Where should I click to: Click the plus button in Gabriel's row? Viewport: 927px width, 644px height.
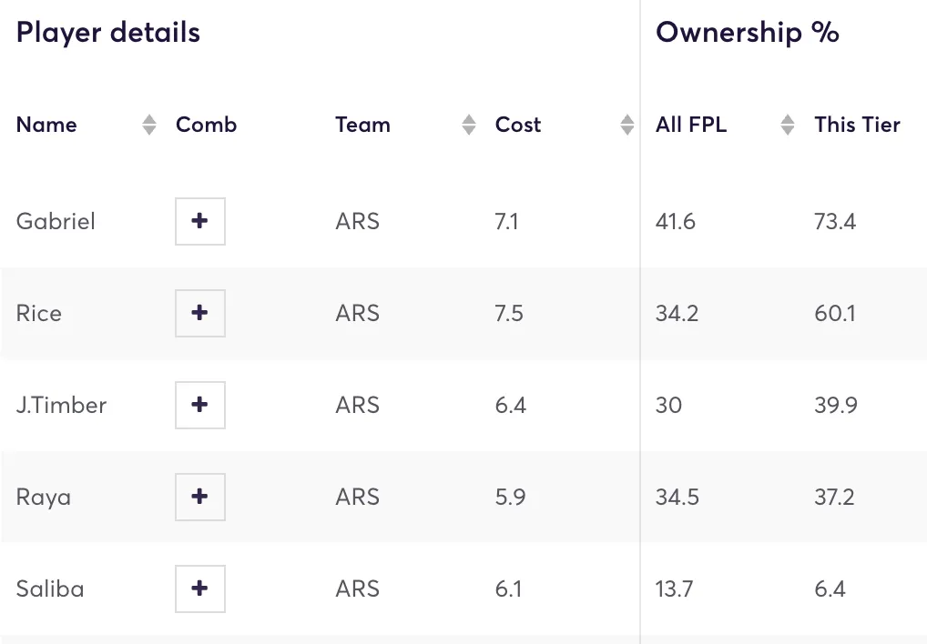point(200,221)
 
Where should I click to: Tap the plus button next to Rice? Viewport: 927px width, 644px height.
point(200,313)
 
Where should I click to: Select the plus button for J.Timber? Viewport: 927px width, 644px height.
point(200,405)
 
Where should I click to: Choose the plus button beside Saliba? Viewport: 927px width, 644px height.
point(200,589)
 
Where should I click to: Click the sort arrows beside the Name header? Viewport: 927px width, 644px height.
point(150,126)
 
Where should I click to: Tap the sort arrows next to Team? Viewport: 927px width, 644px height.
point(469,126)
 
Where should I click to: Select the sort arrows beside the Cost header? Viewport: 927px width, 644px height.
point(627,126)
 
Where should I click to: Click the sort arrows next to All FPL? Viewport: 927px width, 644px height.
point(788,126)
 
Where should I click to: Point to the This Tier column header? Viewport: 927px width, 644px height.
point(857,126)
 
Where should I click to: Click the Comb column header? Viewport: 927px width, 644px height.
point(206,126)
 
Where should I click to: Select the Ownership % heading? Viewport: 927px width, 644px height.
point(747,33)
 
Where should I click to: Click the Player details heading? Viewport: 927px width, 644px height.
point(108,33)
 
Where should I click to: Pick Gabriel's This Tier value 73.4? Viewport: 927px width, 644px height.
point(835,221)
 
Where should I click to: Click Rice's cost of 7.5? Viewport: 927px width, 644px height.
point(509,313)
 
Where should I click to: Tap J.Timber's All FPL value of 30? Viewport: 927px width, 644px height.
point(668,405)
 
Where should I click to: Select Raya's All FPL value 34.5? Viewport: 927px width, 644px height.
point(677,497)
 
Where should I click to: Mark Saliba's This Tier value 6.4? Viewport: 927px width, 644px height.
point(830,589)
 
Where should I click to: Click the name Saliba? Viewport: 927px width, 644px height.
point(50,589)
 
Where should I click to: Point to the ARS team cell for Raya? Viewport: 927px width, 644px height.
point(357,497)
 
